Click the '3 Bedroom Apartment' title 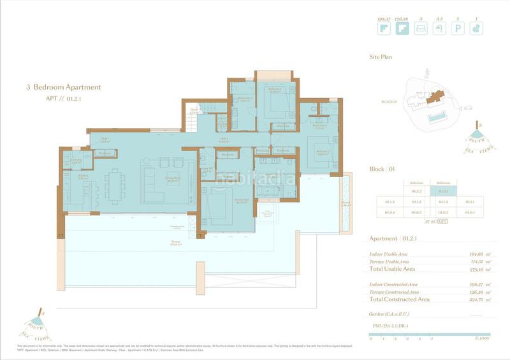tap(63, 87)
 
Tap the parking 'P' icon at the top tap(458, 29)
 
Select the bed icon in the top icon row tap(419, 29)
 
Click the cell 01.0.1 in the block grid tap(469, 212)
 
